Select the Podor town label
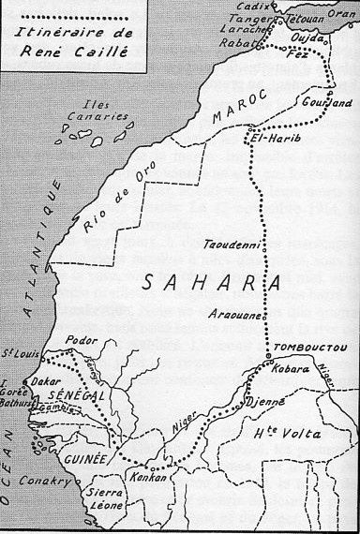click(82, 342)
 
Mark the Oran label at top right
click(342, 14)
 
